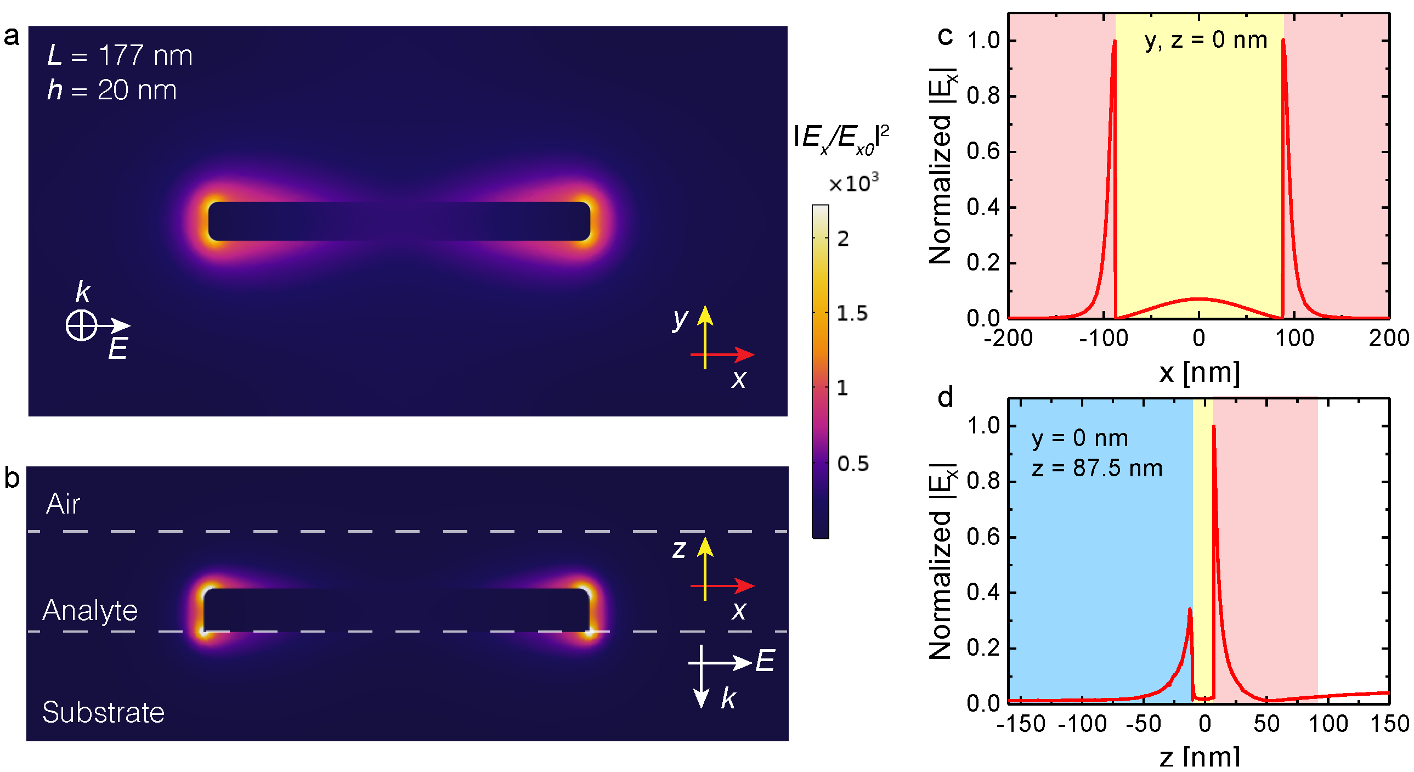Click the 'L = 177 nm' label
[120, 55]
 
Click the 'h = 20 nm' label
[112, 90]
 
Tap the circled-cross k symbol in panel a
[81, 325]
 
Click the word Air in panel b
[63, 504]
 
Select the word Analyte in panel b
[90, 610]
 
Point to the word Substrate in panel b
[103, 712]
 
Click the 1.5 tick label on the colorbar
[852, 313]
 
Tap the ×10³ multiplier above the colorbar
[853, 183]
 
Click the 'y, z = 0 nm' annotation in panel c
[1206, 40]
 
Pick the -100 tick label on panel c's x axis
[1104, 338]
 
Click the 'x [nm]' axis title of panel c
[1199, 373]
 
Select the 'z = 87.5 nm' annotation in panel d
[1097, 469]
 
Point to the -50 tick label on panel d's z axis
[1143, 724]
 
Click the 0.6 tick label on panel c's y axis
[982, 151]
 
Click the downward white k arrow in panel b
[701, 681]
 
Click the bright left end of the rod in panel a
[212, 221]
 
